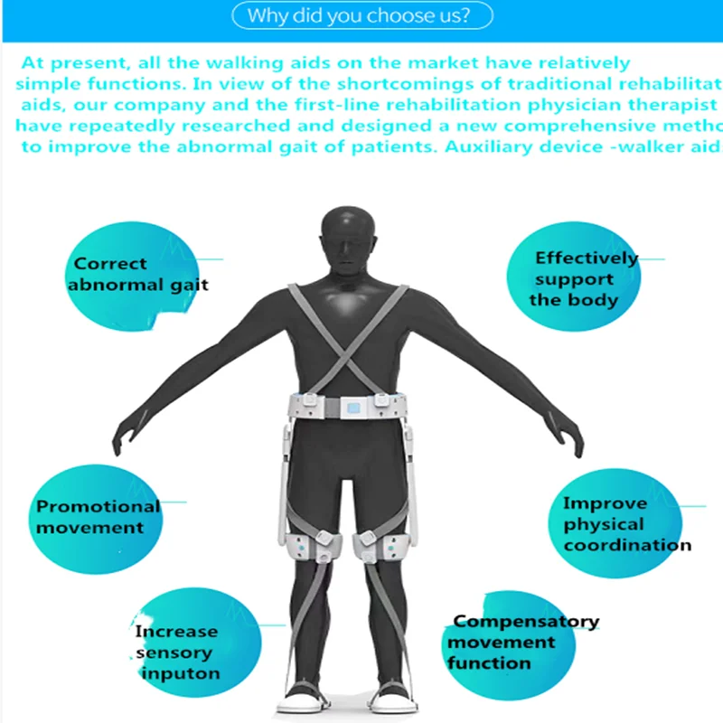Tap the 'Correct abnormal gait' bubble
coord(141,274)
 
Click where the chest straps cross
coord(348,342)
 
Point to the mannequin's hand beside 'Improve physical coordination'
coord(575,440)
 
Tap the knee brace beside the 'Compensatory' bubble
coord(387,548)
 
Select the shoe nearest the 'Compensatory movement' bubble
coord(397,699)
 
